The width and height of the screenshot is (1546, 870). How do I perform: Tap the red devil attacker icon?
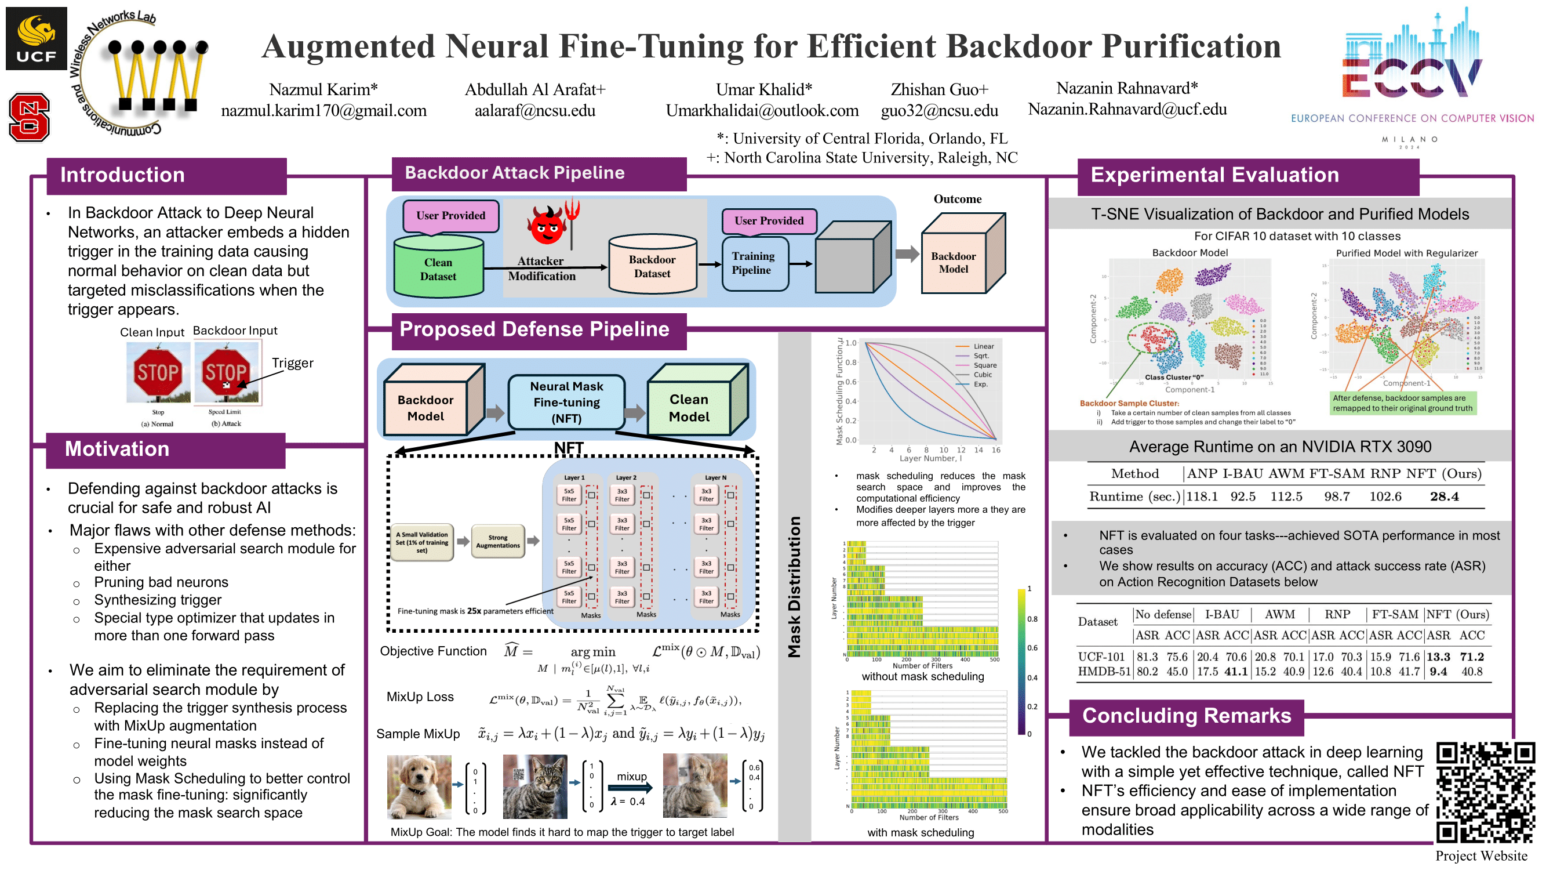tap(547, 225)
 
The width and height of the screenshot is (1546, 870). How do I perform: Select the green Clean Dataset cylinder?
tap(438, 267)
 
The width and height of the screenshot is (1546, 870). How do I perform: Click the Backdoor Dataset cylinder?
tap(652, 265)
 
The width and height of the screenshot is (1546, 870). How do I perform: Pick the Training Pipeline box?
tap(754, 263)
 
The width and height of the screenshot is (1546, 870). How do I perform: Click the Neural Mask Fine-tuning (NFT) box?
tap(566, 402)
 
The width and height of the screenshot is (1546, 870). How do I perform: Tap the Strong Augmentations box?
tap(497, 541)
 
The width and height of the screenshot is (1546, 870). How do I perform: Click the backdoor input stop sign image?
tap(226, 372)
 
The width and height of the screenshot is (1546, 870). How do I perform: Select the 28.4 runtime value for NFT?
tap(1443, 496)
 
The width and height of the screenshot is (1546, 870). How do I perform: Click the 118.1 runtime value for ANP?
tap(1202, 496)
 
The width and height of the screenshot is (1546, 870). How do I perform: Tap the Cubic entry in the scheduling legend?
tap(982, 375)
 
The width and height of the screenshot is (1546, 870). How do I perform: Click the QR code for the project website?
tap(1485, 792)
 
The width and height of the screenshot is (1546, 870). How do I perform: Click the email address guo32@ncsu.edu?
tap(938, 110)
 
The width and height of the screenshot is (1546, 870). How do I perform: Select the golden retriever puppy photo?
tap(419, 786)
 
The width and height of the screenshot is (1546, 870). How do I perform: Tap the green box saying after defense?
tap(1402, 403)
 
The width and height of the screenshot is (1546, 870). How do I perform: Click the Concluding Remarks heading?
tap(1186, 716)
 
